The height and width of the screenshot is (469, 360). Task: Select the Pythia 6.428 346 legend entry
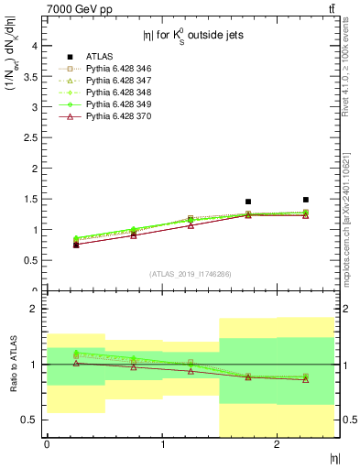[x=120, y=69]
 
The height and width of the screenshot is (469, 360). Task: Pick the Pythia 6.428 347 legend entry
[x=120, y=81]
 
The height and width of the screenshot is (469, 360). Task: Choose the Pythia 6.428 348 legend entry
[x=120, y=93]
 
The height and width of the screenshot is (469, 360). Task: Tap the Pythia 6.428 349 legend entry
[x=120, y=104]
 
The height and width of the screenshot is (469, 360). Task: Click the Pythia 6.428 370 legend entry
[x=120, y=116]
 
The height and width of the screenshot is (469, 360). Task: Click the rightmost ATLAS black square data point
[x=306, y=200]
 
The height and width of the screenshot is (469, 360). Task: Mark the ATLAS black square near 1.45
[x=248, y=202]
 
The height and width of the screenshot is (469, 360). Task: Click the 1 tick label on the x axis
[x=162, y=444]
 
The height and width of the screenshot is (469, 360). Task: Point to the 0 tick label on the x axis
[x=47, y=444]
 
